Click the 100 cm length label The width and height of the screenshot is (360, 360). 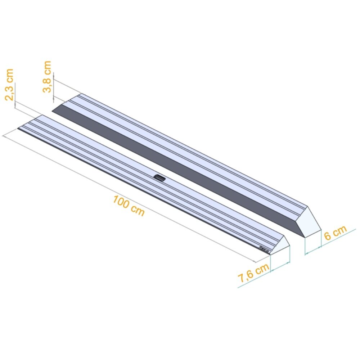pos(129,206)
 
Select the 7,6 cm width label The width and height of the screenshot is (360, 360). pos(253,273)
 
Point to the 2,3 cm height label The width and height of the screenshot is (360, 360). pos(10,85)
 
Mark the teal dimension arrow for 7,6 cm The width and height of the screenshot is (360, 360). pos(280,266)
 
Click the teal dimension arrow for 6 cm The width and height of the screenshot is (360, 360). pos(312,251)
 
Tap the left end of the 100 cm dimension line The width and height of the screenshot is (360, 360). pos(4,136)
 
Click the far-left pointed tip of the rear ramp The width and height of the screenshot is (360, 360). pos(53,111)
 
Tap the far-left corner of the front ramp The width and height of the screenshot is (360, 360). pos(18,129)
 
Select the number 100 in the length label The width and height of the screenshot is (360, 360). pos(121,202)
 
